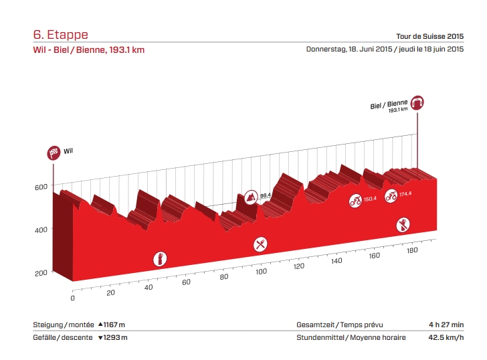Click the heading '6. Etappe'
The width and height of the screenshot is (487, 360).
pyautogui.click(x=60, y=35)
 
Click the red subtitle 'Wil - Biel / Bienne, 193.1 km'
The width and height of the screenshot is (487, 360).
pyautogui.click(x=88, y=50)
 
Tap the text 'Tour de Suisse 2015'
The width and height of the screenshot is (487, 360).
pyautogui.click(x=431, y=36)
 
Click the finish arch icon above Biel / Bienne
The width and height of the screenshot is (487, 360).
pyautogui.click(x=419, y=102)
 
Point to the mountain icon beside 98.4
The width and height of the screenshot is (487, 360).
pyautogui.click(x=251, y=197)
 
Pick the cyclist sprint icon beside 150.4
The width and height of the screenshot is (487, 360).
pyautogui.click(x=355, y=200)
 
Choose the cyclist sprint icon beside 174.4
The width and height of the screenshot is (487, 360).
pyautogui.click(x=391, y=196)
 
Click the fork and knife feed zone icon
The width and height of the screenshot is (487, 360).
pyautogui.click(x=260, y=244)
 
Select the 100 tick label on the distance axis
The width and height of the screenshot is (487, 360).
pyautogui.click(x=261, y=272)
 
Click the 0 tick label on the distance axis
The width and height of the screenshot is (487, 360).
pyautogui.click(x=72, y=298)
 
